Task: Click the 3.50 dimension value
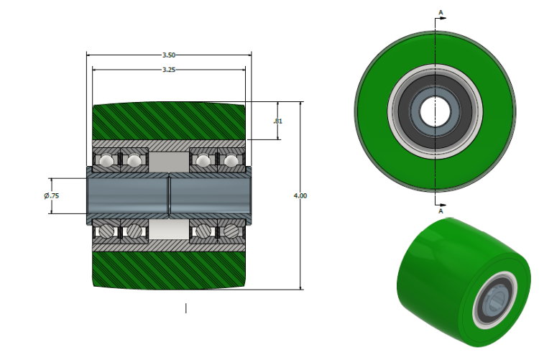point(168,55)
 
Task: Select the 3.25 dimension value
point(168,70)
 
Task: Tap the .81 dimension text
point(278,121)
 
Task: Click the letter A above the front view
point(440,12)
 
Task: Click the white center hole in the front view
point(434,111)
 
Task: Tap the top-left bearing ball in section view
point(106,160)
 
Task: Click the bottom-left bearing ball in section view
point(106,231)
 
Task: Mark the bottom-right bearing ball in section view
point(231,231)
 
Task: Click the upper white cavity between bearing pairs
point(169,160)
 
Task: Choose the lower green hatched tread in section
point(169,269)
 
